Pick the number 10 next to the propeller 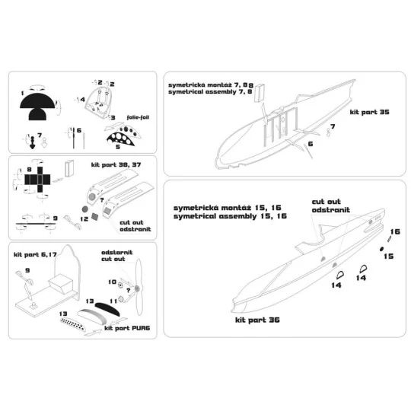[x=111, y=281]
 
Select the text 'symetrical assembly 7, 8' [x=211, y=92]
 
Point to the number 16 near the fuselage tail [x=394, y=231]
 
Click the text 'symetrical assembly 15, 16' [x=229, y=216]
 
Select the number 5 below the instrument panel [x=118, y=146]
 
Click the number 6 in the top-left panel [x=78, y=130]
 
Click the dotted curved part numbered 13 [x=78, y=323]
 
